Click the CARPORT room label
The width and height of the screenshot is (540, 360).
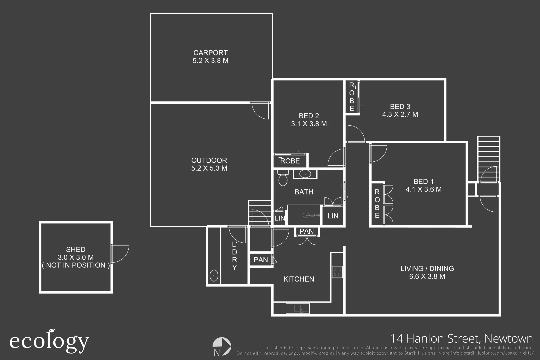point(210,53)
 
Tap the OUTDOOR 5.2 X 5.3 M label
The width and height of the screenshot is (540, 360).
point(209,164)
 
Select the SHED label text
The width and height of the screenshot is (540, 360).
point(76,250)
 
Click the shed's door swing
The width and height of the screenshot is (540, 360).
point(120,253)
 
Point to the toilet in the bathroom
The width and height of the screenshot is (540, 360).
point(283,179)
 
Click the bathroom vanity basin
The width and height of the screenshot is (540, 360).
point(305,174)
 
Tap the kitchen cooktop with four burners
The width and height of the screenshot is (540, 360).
point(337,272)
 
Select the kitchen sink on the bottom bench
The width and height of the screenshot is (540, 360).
point(297,308)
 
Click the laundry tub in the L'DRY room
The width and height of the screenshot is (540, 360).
point(214,276)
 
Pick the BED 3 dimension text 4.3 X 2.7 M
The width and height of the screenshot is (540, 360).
point(400,114)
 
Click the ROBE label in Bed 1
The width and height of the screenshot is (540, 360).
point(377,204)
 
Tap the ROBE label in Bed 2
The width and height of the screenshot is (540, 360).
point(290,161)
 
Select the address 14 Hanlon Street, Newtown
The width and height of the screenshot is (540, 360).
point(461,339)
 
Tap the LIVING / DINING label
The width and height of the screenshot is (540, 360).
point(427,269)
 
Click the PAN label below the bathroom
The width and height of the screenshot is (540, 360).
point(306,231)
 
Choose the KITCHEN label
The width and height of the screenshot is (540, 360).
point(299,279)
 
